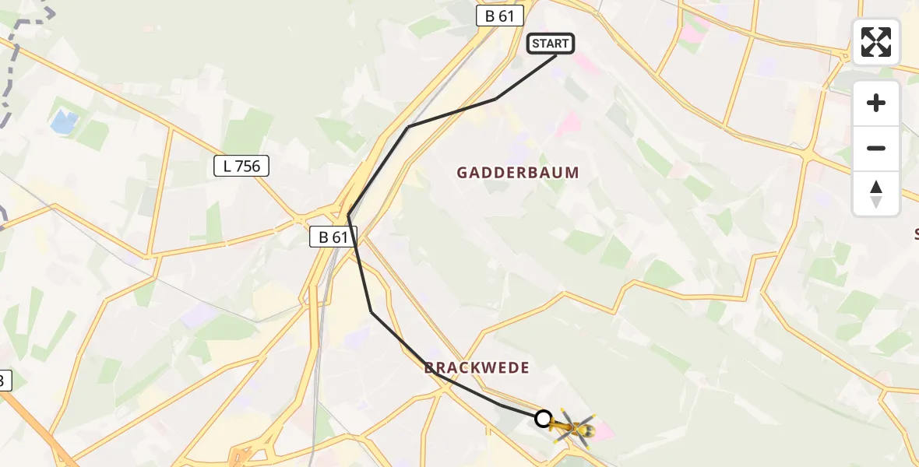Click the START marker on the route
[551, 44]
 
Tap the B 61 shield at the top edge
[500, 16]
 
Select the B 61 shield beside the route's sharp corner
[333, 237]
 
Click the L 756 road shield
[241, 165]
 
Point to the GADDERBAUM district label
[518, 173]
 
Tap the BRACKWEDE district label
[477, 367]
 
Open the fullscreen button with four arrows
[876, 42]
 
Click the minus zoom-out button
[876, 148]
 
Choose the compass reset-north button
[876, 194]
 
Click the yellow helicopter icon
[574, 427]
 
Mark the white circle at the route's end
[544, 419]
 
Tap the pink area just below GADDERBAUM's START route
[569, 123]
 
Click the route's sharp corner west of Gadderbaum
[349, 216]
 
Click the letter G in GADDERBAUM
[462, 173]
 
